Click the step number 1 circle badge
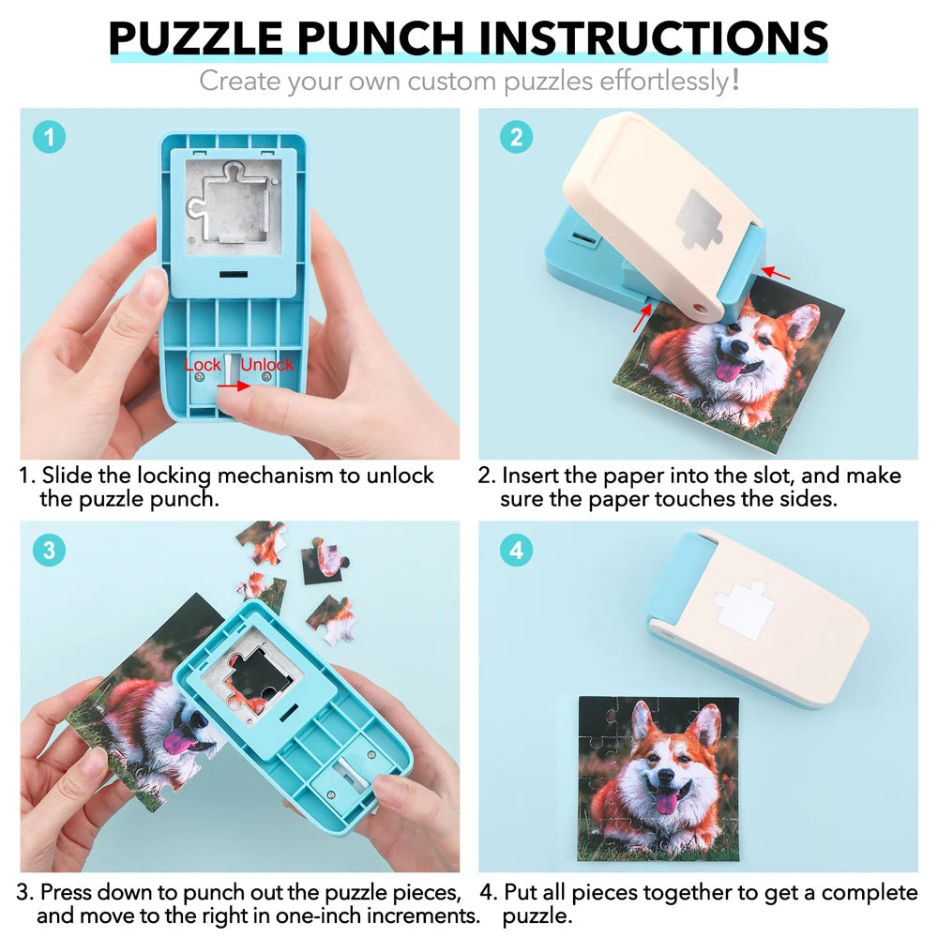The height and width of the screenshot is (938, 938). (x=49, y=138)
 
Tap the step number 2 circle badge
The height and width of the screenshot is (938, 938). (x=515, y=138)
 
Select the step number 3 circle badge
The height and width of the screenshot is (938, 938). (x=49, y=551)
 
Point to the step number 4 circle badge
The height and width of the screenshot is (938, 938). (x=515, y=551)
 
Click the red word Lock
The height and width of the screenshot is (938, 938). (x=203, y=364)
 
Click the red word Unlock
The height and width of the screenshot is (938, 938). (x=267, y=364)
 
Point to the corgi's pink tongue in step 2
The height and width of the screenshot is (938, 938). (x=727, y=371)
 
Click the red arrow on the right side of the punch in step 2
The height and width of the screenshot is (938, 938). (x=777, y=274)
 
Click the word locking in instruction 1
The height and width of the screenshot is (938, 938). (x=162, y=476)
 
